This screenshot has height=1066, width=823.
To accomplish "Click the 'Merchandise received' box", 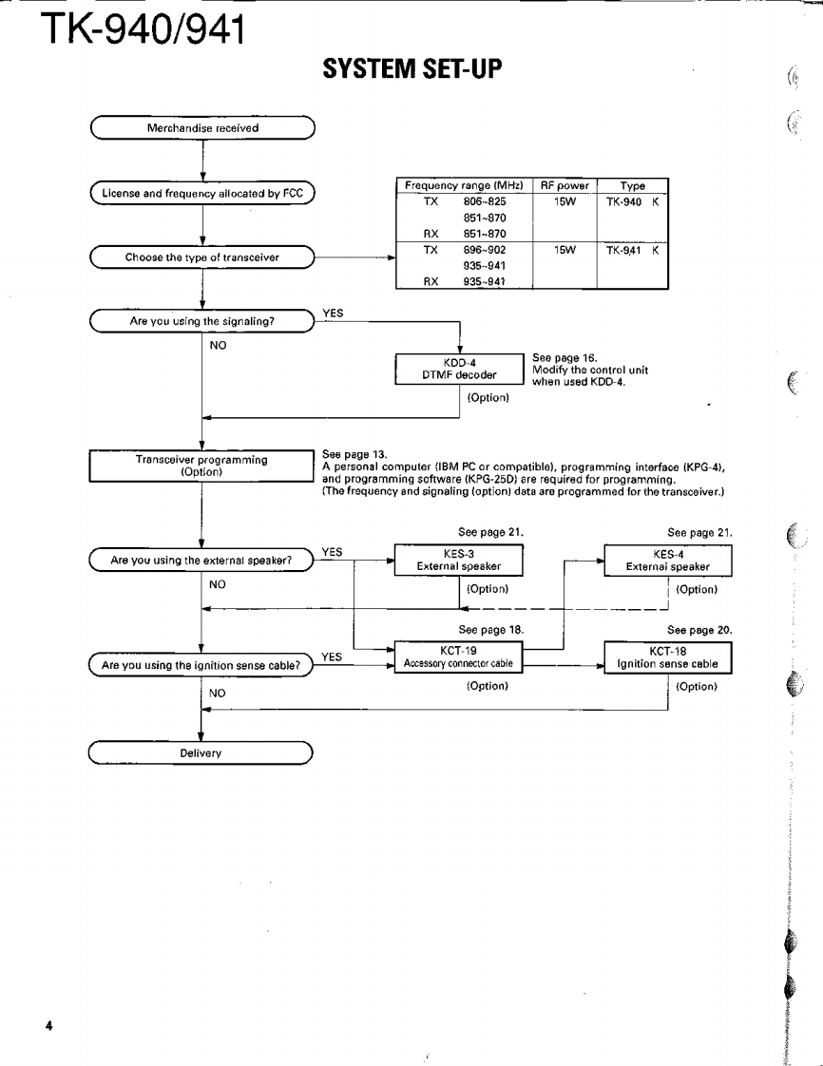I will coord(202,127).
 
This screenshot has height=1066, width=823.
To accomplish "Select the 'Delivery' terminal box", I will coord(201,752).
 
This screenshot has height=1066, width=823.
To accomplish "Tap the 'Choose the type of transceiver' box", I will coord(202,257).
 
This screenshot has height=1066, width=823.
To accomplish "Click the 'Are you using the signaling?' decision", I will coord(202,322).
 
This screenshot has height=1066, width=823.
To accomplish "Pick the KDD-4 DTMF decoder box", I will coord(460,368).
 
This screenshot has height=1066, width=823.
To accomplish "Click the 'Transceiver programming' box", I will coord(201,466).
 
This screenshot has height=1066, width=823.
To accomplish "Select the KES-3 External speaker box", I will coord(459,560).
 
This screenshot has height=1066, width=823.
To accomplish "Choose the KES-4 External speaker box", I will coord(668,560).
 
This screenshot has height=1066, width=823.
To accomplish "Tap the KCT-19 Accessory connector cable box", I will coord(459,657).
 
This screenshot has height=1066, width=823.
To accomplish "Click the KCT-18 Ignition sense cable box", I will coord(668,657).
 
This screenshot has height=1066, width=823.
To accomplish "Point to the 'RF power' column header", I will coord(565,186).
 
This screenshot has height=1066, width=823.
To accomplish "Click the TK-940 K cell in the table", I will coord(632,202).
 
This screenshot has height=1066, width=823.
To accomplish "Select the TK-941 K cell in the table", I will coord(632,250).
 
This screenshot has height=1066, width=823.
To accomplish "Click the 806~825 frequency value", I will coord(484,202).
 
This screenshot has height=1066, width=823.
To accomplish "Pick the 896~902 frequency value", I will coord(484,250).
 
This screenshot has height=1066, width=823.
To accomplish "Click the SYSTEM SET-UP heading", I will coord(411,69).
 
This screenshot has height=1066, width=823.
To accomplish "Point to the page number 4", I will coord(48,1026).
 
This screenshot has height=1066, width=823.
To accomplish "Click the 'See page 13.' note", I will coord(355,453).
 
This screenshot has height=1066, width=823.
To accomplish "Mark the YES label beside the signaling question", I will coord(334,313).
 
